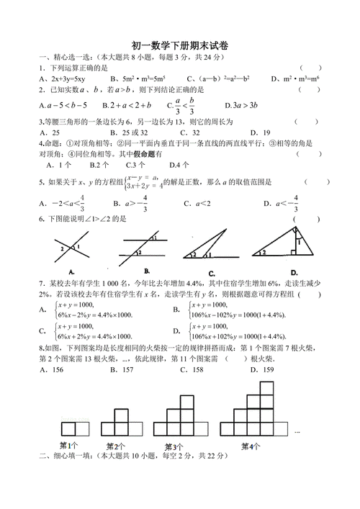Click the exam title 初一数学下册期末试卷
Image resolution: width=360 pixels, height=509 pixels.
pyautogui.click(x=180, y=45)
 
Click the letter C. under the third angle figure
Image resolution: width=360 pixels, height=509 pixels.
pyautogui.click(x=212, y=273)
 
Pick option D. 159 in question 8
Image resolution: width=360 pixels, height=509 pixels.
pyautogui.click(x=264, y=369)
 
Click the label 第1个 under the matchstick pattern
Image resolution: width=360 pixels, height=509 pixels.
pyautogui.click(x=69, y=444)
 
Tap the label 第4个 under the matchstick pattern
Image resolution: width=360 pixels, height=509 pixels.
pyautogui.click(x=251, y=446)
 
